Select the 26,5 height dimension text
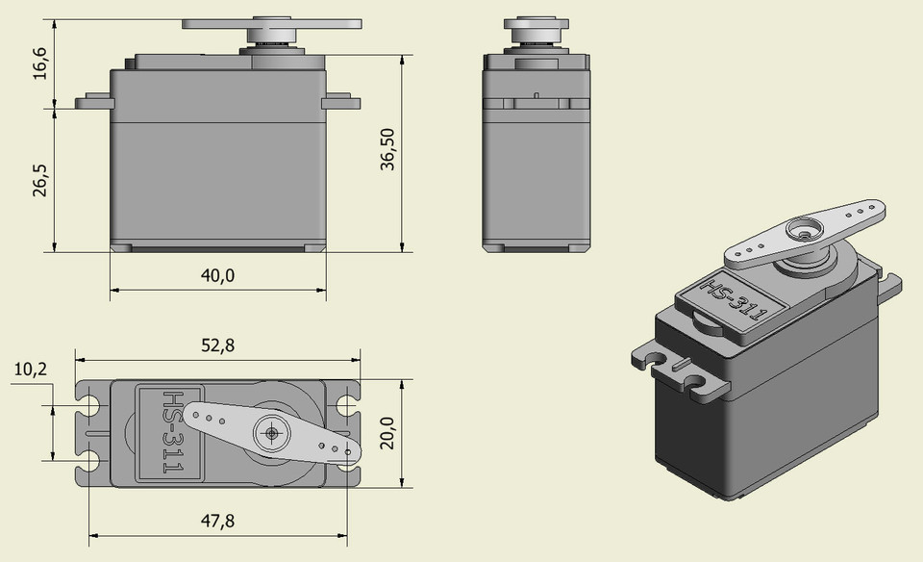tap(40, 179)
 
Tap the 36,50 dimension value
tap(387, 147)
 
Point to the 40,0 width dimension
tap(217, 276)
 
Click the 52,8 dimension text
tap(215, 347)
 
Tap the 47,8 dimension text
tap(217, 521)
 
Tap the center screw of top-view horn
tap(272, 433)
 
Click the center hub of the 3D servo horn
tap(801, 231)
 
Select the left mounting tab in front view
tap(94, 99)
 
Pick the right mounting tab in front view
tap(341, 99)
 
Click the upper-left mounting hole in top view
tap(89, 405)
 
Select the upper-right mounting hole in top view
tap(347, 404)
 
